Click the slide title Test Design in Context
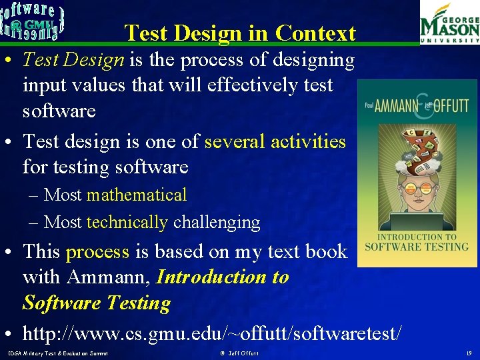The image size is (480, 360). click(240, 33)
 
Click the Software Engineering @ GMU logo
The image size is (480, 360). click(33, 22)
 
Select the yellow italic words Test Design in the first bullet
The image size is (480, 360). click(73, 60)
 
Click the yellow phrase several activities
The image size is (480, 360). click(275, 141)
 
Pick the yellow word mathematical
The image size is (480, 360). click(137, 195)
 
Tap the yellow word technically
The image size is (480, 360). click(127, 222)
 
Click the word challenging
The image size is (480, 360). click(216, 222)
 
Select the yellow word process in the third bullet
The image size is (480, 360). click(97, 251)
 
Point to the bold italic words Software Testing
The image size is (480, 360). click(97, 303)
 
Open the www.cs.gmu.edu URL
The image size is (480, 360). click(212, 331)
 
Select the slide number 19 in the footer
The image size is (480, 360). click(468, 353)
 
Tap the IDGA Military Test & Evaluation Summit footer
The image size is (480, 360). click(57, 353)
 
